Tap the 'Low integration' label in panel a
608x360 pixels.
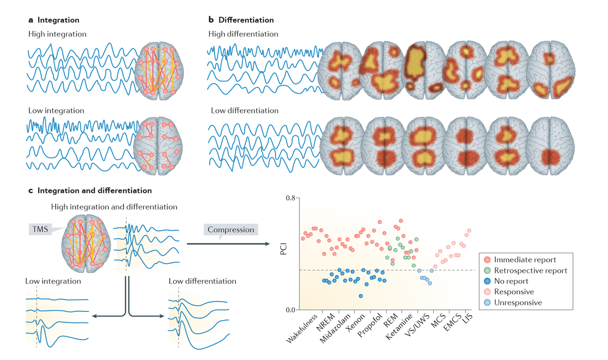click(56, 110)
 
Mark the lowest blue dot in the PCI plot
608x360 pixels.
click(360, 296)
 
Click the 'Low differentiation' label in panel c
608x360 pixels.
click(203, 281)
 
